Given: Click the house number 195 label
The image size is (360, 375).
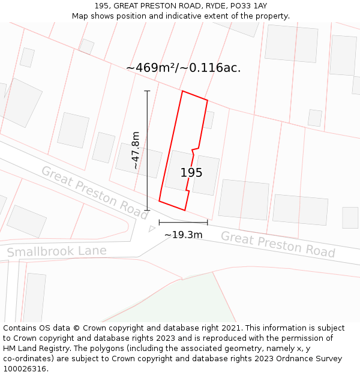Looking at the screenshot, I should [191, 173].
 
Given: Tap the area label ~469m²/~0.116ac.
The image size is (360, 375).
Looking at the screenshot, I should [183, 68].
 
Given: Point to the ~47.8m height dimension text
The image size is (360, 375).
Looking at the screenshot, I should [136, 150].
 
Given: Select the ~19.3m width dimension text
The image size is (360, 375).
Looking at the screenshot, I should [183, 235].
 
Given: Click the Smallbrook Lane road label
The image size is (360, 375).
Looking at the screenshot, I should [57, 251].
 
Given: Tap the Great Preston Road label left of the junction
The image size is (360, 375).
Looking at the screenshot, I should [95, 192].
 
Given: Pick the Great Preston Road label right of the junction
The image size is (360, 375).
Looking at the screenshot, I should [277, 244].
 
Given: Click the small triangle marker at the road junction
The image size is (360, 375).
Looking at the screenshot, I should [152, 229].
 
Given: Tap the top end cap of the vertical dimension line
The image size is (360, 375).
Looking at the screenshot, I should [147, 91].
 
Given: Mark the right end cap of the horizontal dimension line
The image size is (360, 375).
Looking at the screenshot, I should [208, 222].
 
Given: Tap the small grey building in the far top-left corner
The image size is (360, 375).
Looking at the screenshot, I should [27, 58].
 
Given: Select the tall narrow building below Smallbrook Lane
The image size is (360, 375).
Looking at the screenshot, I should [34, 298].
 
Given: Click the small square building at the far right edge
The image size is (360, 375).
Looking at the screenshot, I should [350, 217].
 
